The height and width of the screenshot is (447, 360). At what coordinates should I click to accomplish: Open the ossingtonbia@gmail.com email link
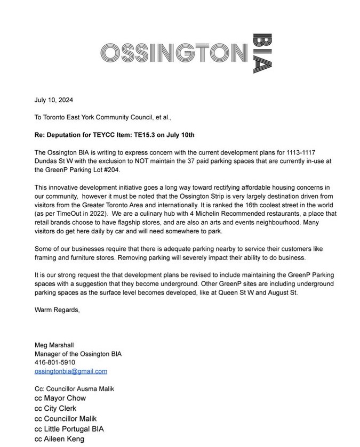70,371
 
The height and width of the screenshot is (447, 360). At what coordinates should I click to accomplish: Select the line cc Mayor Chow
60,398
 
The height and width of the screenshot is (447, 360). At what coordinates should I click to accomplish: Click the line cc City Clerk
55,409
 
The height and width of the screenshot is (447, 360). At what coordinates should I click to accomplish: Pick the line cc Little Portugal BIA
69,429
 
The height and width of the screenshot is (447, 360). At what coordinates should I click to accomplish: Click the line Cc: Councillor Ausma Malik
74,389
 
